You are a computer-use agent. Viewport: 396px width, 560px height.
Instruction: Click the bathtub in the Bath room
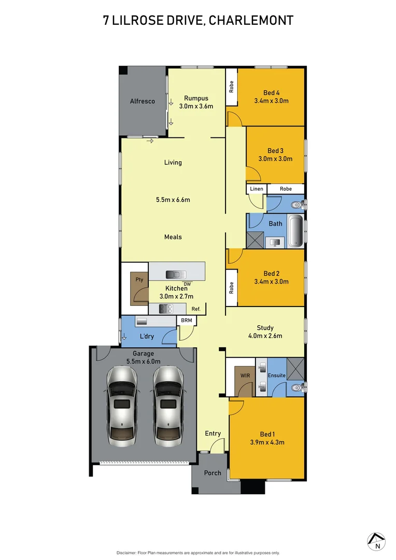tap(295, 231)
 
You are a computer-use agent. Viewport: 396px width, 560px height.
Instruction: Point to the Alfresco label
tap(143, 102)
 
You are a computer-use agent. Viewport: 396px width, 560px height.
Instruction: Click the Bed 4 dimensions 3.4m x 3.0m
tap(271, 101)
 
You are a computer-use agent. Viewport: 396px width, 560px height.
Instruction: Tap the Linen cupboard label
tap(256, 189)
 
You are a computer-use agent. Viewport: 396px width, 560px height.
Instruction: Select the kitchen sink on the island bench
tap(173, 274)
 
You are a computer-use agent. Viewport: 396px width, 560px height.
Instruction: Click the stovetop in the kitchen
tap(165, 309)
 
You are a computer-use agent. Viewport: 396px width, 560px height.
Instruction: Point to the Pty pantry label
tap(139, 279)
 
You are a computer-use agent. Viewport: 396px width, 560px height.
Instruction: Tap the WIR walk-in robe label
tap(245, 375)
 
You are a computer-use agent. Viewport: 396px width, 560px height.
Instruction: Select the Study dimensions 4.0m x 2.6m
tap(265, 336)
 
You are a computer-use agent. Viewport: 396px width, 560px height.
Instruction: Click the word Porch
tap(213, 473)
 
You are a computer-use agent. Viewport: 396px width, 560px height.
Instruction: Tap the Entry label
tap(213, 433)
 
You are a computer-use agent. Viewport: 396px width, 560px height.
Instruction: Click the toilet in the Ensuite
tap(297, 387)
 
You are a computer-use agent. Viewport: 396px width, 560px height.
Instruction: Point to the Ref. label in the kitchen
tap(196, 309)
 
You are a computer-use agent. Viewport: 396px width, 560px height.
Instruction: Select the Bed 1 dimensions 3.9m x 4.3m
tap(267, 442)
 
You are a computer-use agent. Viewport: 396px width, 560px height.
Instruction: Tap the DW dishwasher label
tap(187, 284)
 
